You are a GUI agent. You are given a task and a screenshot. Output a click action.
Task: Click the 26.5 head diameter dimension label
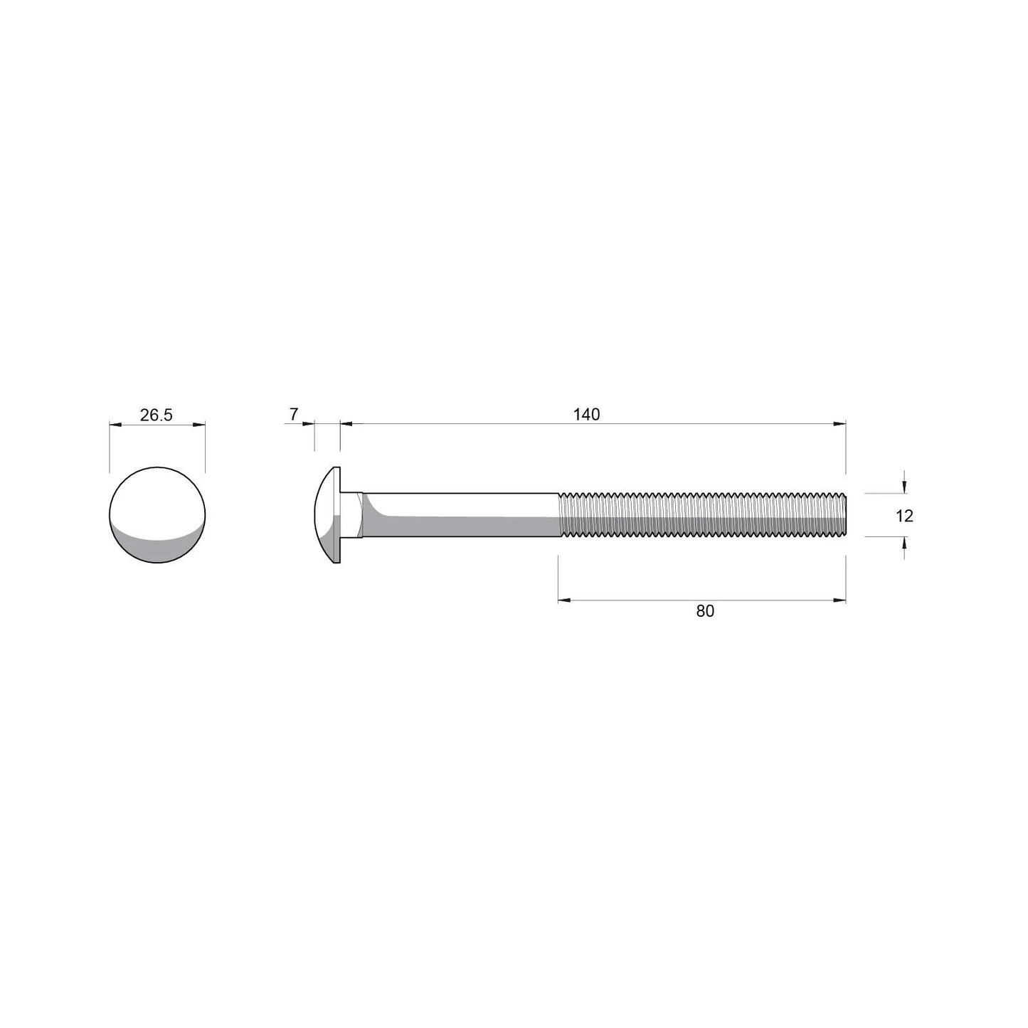(156, 415)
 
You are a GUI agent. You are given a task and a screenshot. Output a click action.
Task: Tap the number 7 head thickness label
(294, 413)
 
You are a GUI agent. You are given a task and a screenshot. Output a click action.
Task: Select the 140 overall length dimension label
(587, 414)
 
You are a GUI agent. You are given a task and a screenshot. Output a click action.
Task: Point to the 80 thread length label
(705, 610)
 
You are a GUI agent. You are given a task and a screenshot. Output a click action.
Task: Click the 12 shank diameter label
(904, 516)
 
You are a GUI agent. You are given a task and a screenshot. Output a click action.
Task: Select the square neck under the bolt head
(352, 514)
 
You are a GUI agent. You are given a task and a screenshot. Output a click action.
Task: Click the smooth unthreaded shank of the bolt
(462, 514)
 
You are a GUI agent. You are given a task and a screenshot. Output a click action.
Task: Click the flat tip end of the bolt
(844, 514)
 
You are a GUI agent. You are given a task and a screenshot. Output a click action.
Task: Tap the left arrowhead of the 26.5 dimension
(115, 425)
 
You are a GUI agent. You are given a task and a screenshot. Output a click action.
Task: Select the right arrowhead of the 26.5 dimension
(200, 425)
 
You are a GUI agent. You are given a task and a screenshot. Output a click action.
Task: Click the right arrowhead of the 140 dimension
(840, 424)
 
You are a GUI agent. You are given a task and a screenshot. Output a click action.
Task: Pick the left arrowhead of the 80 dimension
(564, 600)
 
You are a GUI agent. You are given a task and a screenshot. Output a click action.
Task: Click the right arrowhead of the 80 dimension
(840, 600)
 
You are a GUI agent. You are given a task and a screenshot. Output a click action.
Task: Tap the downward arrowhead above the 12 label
(904, 487)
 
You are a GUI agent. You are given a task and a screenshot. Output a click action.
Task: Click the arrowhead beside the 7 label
(308, 424)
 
